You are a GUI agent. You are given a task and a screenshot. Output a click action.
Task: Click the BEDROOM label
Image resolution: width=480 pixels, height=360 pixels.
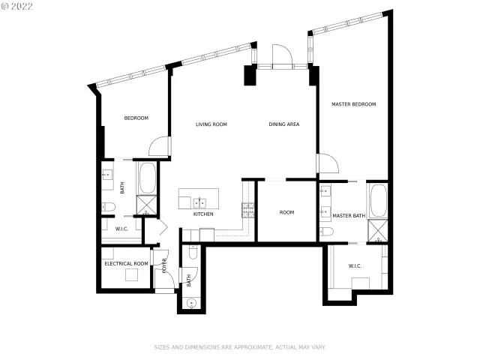click(x=136, y=118)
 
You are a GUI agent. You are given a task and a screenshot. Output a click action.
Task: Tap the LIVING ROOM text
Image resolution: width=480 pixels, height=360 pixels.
click(x=211, y=124)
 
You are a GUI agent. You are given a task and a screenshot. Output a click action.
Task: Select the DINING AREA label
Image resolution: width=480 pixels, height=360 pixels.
click(x=284, y=124)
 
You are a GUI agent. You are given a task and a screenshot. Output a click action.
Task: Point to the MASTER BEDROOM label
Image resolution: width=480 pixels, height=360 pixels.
click(x=354, y=104)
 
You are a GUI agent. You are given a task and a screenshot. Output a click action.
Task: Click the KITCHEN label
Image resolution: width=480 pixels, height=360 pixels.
click(x=203, y=214)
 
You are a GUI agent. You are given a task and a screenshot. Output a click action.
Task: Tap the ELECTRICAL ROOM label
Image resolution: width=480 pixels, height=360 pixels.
click(x=126, y=263)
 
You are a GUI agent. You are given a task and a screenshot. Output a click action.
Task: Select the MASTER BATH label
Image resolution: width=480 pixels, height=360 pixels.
click(x=349, y=216)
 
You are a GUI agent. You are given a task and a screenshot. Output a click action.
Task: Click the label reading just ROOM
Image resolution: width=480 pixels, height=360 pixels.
click(x=286, y=212)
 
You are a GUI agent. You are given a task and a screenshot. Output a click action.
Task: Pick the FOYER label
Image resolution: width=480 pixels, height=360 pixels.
click(x=163, y=266)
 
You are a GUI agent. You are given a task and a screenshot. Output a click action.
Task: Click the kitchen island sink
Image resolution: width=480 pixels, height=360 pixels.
click(x=200, y=202)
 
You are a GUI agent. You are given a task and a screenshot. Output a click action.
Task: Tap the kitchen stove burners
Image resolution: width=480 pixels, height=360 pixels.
click(x=247, y=208)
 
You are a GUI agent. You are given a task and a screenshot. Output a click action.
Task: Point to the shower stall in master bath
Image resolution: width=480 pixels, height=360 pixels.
click(x=377, y=232)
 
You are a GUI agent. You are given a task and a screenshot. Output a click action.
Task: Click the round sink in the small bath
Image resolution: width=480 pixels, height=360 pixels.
click(x=190, y=304)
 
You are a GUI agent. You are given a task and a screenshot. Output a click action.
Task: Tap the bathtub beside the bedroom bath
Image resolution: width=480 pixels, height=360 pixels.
click(x=146, y=178)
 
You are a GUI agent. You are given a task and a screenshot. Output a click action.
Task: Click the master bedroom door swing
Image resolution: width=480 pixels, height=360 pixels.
click(x=327, y=163)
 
